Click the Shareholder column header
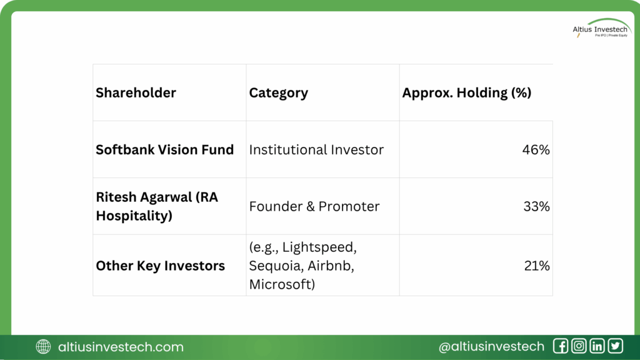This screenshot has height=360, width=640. [x=136, y=93]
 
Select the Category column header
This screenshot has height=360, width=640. [x=278, y=93]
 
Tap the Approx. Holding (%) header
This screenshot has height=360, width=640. [x=466, y=93]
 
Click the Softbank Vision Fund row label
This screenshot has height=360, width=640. [x=165, y=150]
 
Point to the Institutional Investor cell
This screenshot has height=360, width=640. [x=316, y=150]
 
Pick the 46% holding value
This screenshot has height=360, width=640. [x=536, y=150]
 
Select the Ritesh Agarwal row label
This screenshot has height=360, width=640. [x=157, y=206]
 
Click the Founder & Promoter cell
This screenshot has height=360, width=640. [x=314, y=206]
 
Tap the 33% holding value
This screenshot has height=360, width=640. [x=536, y=206]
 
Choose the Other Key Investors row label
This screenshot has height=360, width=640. [x=161, y=266]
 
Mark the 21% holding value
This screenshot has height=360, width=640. [x=537, y=266]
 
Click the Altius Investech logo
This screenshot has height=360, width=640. [x=601, y=28]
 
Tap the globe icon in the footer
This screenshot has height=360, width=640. [x=43, y=347]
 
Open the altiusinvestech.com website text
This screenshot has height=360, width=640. [x=121, y=347]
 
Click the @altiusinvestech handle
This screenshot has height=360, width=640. [x=491, y=346]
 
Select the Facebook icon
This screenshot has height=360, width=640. [x=561, y=346]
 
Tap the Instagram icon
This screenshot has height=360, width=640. [x=579, y=346]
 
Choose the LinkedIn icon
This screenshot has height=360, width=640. [x=597, y=346]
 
